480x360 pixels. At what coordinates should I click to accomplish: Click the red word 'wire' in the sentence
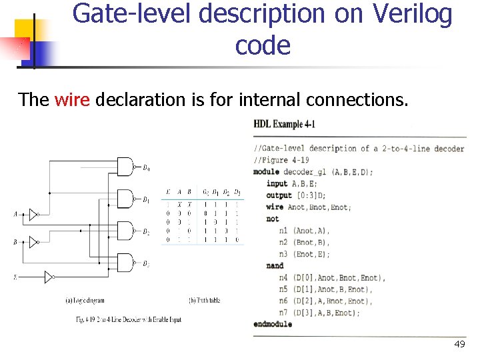pos(71,100)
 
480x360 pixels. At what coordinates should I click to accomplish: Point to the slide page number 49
pos(459,344)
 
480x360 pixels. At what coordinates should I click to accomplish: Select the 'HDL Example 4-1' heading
pos(285,124)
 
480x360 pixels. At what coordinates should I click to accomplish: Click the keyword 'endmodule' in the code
pos(273,325)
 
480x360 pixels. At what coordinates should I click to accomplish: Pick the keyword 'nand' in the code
pos(275,266)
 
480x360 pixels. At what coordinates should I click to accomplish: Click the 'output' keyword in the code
pos(279,195)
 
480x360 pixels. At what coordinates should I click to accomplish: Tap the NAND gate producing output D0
pos(125,167)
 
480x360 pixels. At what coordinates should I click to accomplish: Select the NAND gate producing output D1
pos(125,198)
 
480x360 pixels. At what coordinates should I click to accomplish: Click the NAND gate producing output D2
pos(125,230)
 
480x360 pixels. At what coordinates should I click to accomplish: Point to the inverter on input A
pos(33,214)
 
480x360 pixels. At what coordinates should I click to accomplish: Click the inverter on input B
pos(33,243)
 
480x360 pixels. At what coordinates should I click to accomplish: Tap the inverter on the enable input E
pos(49,276)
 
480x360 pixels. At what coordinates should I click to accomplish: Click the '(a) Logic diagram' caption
pos(85,301)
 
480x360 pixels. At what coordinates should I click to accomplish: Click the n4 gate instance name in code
pos(284,277)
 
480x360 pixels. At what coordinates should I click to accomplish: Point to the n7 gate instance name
pos(284,313)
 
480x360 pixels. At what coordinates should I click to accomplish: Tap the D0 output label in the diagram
pos(146,167)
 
